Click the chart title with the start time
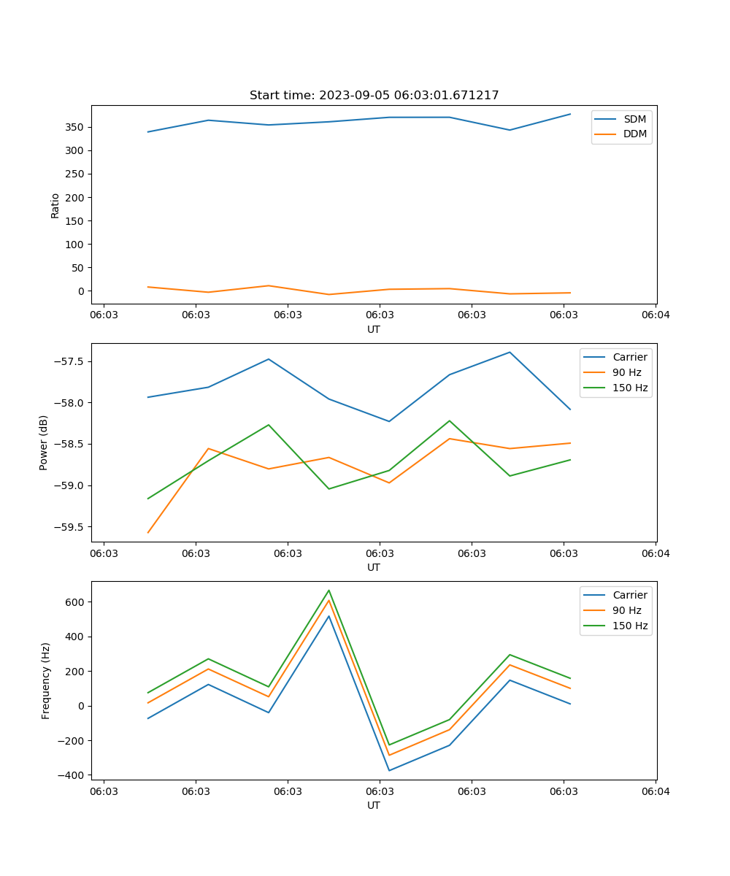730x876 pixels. [374, 96]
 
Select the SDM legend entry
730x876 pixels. [634, 119]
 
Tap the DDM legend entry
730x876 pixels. [634, 134]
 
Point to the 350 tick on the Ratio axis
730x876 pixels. [77, 127]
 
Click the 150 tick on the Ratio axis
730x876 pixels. [77, 220]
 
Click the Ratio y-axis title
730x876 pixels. [55, 204]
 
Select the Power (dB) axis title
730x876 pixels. [44, 442]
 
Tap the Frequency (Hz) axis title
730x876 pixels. [46, 680]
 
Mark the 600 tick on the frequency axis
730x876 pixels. [77, 602]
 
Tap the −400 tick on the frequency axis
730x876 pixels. [73, 775]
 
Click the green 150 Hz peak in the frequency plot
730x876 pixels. [328, 591]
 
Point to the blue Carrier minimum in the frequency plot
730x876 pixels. [389, 770]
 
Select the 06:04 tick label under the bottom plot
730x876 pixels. [655, 791]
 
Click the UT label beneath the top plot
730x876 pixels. [374, 329]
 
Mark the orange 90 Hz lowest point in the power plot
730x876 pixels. [148, 533]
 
